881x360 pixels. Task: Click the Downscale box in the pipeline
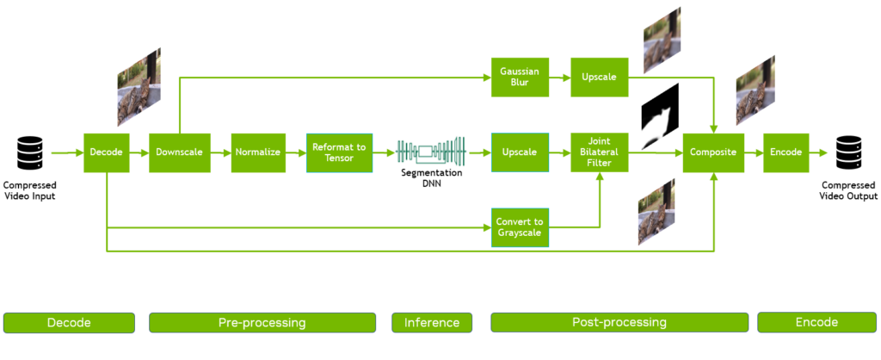point(179,152)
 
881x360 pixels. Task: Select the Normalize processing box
point(257,152)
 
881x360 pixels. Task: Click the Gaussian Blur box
point(520,78)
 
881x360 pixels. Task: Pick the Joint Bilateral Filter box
point(600,152)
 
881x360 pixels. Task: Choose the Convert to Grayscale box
point(520,227)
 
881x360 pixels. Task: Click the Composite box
point(712,152)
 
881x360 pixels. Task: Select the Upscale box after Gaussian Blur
point(600,78)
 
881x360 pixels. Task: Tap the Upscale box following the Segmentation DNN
point(520,152)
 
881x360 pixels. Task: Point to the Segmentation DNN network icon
point(430,152)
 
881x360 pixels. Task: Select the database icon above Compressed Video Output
point(849,152)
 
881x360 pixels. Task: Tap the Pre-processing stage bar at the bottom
point(262,322)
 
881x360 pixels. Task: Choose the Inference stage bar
point(432,322)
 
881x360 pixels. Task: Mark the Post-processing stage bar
point(619,322)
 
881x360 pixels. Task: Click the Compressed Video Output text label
point(848,190)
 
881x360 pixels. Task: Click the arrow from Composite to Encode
point(753,152)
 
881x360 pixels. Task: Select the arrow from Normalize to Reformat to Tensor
point(296,152)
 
